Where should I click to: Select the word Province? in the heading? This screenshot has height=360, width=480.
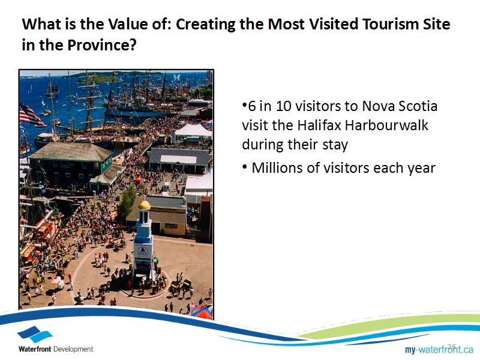pos(101,45)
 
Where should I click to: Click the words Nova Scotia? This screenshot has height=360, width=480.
pos(399,106)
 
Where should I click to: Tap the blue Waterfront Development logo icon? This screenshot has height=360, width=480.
pos(35,334)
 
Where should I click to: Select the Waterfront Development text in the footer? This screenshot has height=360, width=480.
pos(56,349)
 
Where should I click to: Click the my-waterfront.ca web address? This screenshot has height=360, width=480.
pos(439,349)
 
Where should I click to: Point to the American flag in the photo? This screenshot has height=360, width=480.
pos(32,116)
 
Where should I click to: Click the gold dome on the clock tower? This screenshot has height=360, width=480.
pos(144,205)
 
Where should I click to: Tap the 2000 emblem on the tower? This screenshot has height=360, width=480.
pos(143,251)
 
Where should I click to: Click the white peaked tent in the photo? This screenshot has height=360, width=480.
pos(193,130)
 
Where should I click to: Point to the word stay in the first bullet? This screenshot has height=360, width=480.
pos(335,145)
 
